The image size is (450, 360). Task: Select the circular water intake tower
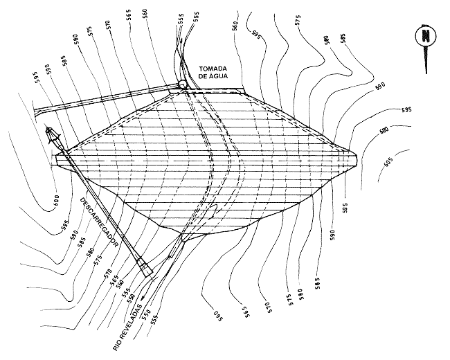click(x=182, y=85)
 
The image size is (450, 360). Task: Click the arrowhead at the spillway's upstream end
click(x=49, y=131)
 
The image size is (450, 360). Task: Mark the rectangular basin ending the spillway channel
click(x=145, y=267)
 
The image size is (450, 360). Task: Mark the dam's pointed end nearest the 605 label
click(x=357, y=155)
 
